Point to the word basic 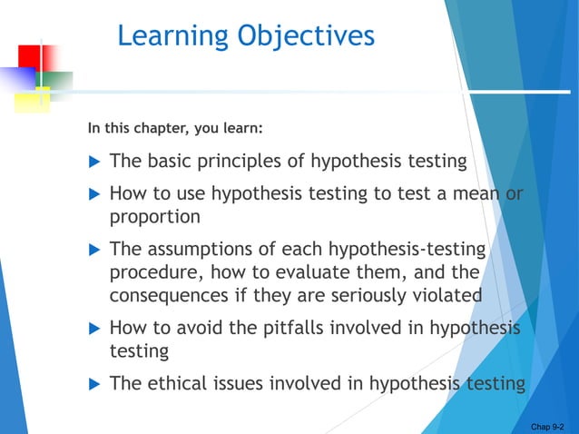pyautogui.click(x=169, y=162)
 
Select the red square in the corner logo pyautogui.click(x=30, y=59)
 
